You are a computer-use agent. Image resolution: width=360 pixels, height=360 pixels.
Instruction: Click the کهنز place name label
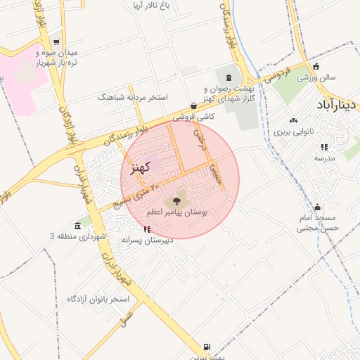[x=141, y=168]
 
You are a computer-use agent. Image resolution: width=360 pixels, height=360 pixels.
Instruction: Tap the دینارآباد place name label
[x=337, y=105]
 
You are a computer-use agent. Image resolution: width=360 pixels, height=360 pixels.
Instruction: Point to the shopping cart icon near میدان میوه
[x=56, y=42]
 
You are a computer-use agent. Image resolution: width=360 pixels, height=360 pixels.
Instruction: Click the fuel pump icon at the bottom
[x=206, y=347]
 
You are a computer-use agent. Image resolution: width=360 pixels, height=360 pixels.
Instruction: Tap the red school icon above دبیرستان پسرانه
[x=146, y=229]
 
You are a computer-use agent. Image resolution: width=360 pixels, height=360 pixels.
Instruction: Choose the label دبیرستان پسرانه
[x=147, y=240]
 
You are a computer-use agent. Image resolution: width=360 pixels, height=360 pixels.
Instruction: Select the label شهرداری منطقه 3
[x=77, y=236]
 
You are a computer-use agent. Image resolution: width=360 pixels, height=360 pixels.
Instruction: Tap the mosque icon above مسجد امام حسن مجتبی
[x=318, y=207]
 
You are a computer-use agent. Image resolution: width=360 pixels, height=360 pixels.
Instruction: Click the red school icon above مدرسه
[x=324, y=147]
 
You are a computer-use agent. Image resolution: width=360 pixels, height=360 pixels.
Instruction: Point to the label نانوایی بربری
[x=297, y=131]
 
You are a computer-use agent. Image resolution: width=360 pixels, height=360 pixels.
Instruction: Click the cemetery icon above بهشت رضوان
[x=228, y=77]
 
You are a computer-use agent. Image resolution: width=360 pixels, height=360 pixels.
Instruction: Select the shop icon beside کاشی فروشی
[x=193, y=105]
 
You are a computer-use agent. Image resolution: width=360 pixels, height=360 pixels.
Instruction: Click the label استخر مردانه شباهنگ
[x=133, y=96]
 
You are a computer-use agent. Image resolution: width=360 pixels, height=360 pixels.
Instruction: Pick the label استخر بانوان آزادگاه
[x=98, y=300]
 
